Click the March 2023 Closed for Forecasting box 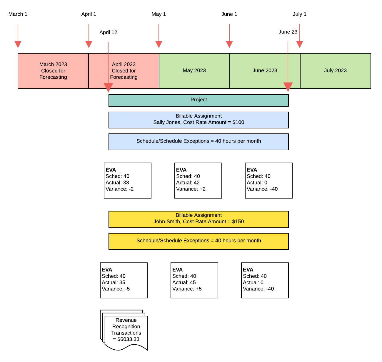click(x=53, y=71)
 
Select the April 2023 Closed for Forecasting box click(x=124, y=71)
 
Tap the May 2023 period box click(x=194, y=71)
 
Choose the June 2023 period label click(x=265, y=70)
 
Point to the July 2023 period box click(x=335, y=71)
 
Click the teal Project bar click(x=198, y=100)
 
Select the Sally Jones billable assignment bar click(x=198, y=120)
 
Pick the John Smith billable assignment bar click(x=198, y=219)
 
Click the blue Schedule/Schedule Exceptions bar click(x=198, y=141)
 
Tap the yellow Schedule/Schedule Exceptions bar click(x=198, y=241)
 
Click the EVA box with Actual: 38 click(x=127, y=180)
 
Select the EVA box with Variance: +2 click(x=198, y=180)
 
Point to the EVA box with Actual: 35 click(x=124, y=280)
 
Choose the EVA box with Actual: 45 click(x=194, y=280)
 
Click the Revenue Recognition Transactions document click(x=126, y=330)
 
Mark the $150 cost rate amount click(x=238, y=222)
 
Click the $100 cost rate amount click(x=238, y=122)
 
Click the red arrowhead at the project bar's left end click(x=108, y=88)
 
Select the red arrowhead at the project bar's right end click(x=288, y=87)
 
